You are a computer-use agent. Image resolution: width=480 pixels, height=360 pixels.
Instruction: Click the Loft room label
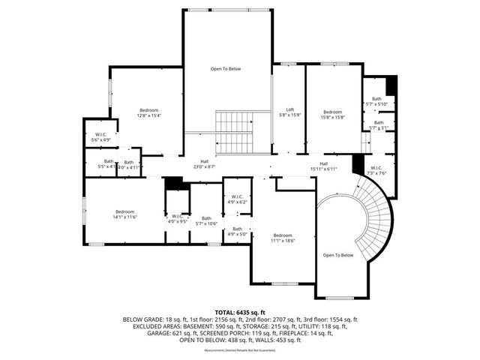click(x=289, y=112)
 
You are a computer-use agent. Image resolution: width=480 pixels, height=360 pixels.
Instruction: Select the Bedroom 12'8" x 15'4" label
click(x=148, y=112)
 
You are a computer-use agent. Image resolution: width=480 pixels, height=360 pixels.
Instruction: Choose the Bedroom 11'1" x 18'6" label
click(x=282, y=238)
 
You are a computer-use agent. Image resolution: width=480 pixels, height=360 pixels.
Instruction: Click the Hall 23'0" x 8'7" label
click(x=204, y=163)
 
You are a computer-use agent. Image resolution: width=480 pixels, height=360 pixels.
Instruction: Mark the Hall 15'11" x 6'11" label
click(x=324, y=166)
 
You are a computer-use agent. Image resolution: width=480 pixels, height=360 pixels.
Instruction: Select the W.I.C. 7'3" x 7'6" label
click(x=376, y=170)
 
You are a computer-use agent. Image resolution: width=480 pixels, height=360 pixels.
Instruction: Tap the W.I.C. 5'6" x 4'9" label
click(x=100, y=137)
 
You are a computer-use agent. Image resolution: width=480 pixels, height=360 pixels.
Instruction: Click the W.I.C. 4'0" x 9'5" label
click(x=177, y=218)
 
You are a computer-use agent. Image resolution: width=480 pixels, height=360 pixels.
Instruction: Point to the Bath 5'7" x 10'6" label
click(x=206, y=220)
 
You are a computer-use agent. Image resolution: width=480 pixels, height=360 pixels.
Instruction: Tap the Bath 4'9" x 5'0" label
click(x=237, y=231)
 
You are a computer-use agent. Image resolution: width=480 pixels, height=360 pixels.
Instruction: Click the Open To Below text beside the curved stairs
click(x=337, y=255)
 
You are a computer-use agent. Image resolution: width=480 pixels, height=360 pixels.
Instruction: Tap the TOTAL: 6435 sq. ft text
click(x=240, y=311)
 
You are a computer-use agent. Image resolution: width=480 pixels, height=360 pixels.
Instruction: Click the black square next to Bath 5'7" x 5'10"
click(x=391, y=84)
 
